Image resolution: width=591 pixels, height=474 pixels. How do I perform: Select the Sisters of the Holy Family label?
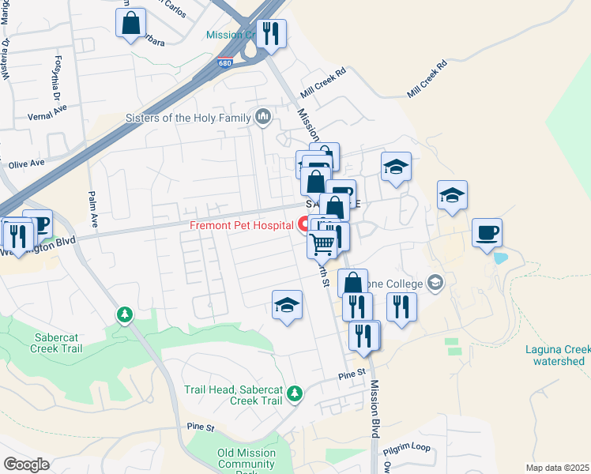[188, 118]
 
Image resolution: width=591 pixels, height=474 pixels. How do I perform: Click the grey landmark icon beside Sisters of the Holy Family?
[264, 118]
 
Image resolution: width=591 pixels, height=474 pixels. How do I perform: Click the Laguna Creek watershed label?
[558, 355]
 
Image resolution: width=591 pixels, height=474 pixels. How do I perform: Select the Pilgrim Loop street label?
[407, 448]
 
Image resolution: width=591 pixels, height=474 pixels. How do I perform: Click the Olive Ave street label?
[27, 164]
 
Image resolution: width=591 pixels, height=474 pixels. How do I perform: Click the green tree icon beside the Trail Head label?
[295, 393]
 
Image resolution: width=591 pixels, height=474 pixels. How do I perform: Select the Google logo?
[26, 465]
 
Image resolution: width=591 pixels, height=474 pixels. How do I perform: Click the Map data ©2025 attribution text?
[558, 468]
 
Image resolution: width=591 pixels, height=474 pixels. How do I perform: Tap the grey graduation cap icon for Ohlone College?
[435, 282]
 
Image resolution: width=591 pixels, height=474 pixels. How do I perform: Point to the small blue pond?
[499, 258]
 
